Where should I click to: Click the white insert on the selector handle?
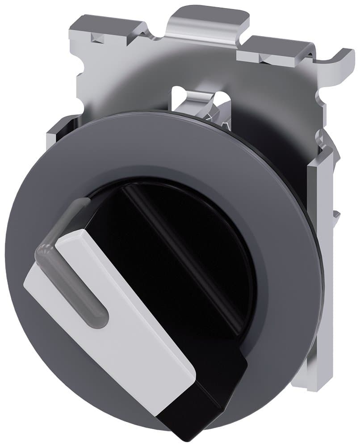[134, 313]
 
